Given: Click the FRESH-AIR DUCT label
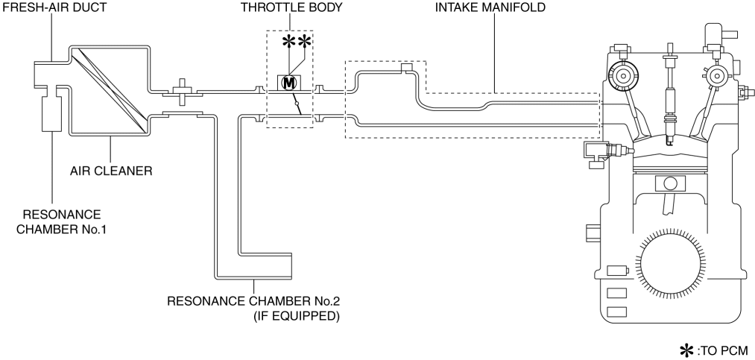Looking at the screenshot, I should click(x=50, y=10).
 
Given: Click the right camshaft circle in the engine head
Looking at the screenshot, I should click(x=718, y=75).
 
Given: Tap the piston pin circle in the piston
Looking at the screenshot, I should click(x=669, y=182).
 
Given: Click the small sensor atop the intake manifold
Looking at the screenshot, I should click(x=406, y=69).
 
